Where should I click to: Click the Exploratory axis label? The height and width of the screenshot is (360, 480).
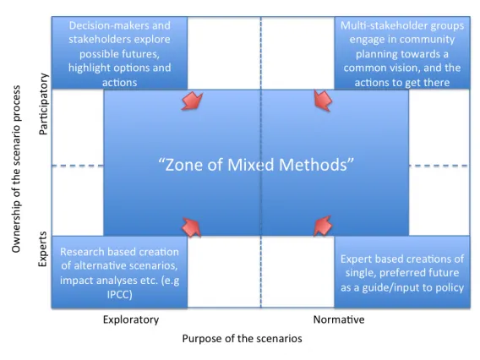pos(131,320)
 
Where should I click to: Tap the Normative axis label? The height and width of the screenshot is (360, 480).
pos(339,319)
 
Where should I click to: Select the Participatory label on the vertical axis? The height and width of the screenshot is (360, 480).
pos(43,104)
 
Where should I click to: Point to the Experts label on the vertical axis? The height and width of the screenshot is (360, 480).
pos(43,249)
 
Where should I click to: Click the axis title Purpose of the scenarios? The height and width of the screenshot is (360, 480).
pos(243,339)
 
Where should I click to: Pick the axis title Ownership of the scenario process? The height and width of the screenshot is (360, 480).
pos(16,169)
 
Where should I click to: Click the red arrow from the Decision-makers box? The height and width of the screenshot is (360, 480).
pos(192,101)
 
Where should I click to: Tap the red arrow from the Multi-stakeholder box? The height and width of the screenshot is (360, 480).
pos(324,100)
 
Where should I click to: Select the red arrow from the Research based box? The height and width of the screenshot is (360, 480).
pos(192,227)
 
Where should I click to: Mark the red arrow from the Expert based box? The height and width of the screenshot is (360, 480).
pos(323,226)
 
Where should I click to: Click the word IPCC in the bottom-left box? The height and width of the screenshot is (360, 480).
pos(119,295)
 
